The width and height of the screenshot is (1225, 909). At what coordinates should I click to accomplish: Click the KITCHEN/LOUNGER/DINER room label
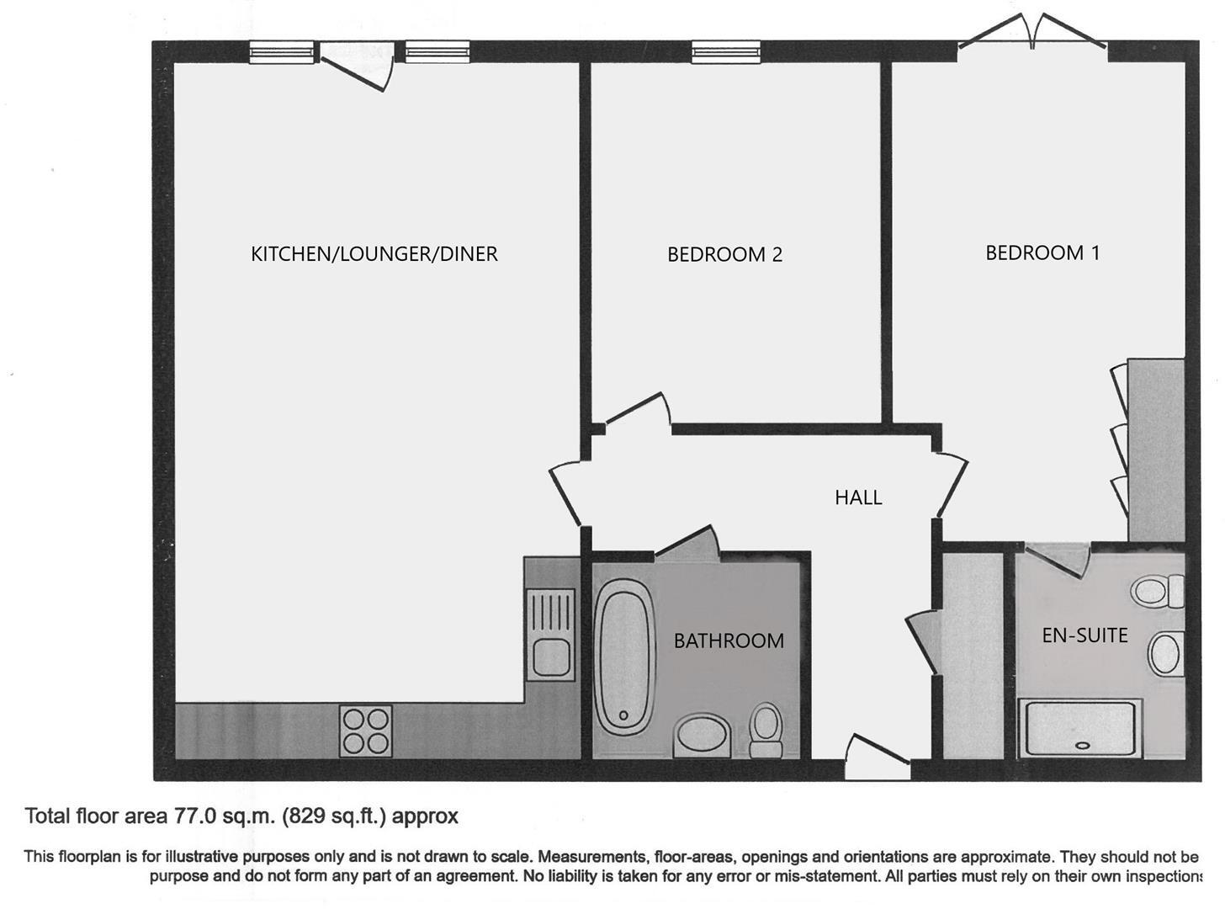coord(374,253)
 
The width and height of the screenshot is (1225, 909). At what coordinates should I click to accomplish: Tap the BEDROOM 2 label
coord(724,254)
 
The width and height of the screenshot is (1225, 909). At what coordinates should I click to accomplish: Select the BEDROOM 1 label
coord(1042,252)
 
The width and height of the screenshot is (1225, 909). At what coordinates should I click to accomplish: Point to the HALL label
coord(858,497)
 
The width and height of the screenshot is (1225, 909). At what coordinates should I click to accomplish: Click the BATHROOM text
coord(729,641)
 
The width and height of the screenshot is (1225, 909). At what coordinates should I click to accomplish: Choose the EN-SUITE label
coord(1084,635)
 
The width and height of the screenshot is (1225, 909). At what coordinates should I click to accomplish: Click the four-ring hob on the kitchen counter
coord(366,730)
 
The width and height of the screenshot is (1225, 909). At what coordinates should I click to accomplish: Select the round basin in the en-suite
coord(1165,653)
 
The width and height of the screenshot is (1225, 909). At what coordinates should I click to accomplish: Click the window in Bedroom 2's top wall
coord(726,52)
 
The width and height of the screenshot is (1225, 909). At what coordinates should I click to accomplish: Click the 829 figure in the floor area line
coord(305,816)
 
